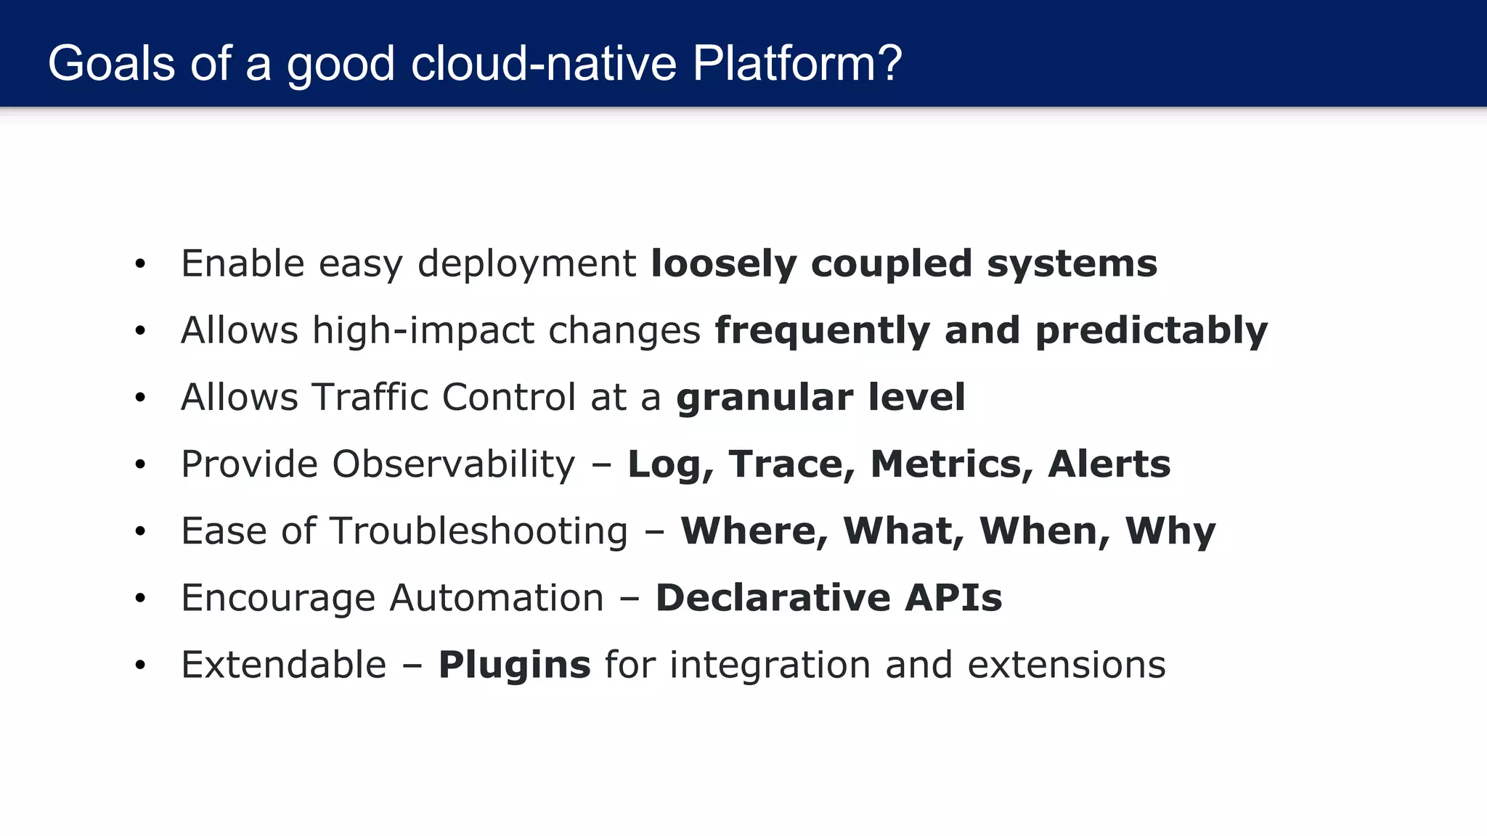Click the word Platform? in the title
(797, 64)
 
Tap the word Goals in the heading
(111, 64)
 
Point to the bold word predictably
(1151, 331)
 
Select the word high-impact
(423, 331)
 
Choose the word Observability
(454, 464)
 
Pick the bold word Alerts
(1109, 464)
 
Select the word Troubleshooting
(478, 531)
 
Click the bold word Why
(1170, 531)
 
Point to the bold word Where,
(754, 531)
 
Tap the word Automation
(497, 598)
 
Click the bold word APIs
(953, 598)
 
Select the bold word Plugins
(514, 665)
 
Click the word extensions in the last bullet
(1067, 665)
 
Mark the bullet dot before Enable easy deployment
(140, 264)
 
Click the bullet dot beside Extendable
(140, 665)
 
